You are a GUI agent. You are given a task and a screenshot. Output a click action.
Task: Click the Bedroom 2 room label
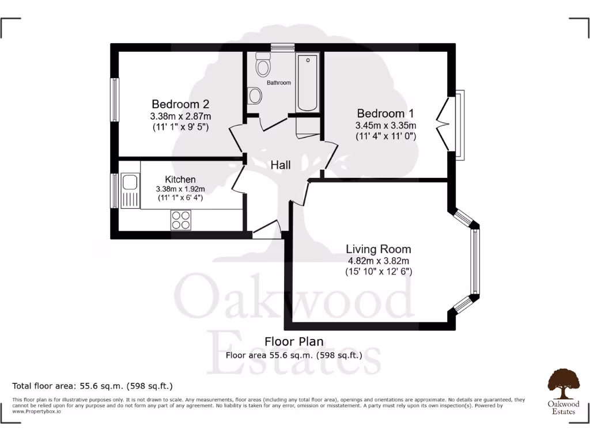(180, 104)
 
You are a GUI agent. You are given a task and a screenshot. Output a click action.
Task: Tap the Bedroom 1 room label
(385, 113)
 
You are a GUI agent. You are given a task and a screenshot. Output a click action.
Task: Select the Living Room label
(378, 249)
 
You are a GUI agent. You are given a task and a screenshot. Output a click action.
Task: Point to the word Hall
(281, 165)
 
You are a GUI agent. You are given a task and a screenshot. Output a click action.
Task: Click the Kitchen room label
(180, 180)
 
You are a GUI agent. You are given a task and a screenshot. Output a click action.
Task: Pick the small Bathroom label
(278, 83)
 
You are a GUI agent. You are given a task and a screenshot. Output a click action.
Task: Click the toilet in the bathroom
(263, 66)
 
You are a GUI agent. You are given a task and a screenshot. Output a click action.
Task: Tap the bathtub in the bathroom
(308, 83)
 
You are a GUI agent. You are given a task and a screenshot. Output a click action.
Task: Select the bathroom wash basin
(254, 96)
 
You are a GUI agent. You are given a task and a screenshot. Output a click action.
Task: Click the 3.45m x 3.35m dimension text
(385, 125)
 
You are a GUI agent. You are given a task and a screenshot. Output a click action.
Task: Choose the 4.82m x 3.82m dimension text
(378, 261)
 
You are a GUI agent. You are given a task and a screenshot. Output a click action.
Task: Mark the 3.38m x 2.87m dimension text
(180, 116)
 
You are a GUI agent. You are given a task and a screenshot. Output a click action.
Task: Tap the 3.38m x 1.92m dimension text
(180, 189)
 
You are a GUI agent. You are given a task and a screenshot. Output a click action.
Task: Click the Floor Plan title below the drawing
(294, 342)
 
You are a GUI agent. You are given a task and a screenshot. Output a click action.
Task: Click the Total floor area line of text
(92, 386)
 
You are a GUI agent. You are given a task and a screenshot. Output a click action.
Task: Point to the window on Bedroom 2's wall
(115, 99)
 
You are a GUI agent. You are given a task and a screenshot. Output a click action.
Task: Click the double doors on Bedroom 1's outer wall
(445, 123)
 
